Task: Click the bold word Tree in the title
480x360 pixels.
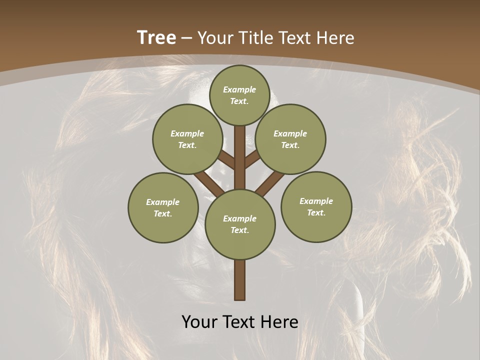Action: tap(156, 37)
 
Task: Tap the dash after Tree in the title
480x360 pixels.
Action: tap(185, 38)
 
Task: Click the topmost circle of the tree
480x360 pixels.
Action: tap(239, 95)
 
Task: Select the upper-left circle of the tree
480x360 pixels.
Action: tap(187, 139)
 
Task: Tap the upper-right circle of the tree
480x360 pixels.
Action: tap(290, 139)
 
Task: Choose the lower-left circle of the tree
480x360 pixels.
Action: tap(163, 207)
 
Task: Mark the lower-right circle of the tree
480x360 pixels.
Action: tap(316, 206)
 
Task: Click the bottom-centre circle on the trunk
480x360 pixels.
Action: tap(240, 224)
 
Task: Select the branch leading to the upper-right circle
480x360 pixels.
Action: tap(252, 160)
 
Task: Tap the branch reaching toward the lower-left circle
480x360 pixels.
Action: tap(209, 183)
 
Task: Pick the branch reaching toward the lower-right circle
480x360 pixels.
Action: tap(270, 183)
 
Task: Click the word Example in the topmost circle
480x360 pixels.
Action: tap(239, 89)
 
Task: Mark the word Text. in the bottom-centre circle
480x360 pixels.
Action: tap(239, 230)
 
